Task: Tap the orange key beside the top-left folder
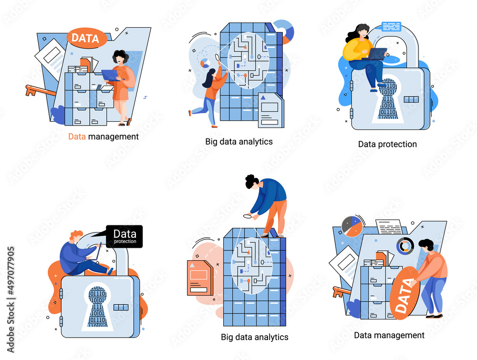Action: pyautogui.click(x=40, y=91)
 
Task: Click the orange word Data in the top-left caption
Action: pyautogui.click(x=77, y=137)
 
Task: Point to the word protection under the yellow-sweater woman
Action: pyautogui.click(x=397, y=144)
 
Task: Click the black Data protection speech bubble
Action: pyautogui.click(x=124, y=236)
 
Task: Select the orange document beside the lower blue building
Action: pyautogui.click(x=200, y=278)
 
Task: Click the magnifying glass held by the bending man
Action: pyautogui.click(x=248, y=216)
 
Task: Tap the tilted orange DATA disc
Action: pyautogui.click(x=405, y=293)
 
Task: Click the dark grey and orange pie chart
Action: pyautogui.click(x=353, y=226)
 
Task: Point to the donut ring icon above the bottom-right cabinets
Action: pyautogui.click(x=405, y=246)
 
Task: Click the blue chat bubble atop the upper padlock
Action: pyautogui.click(x=392, y=26)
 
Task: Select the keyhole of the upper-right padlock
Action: pyautogui.click(x=388, y=99)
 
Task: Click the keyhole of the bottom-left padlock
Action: pyautogui.click(x=97, y=307)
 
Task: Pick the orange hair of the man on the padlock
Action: pyautogui.click(x=75, y=235)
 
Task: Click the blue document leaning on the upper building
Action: pyautogui.click(x=271, y=110)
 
